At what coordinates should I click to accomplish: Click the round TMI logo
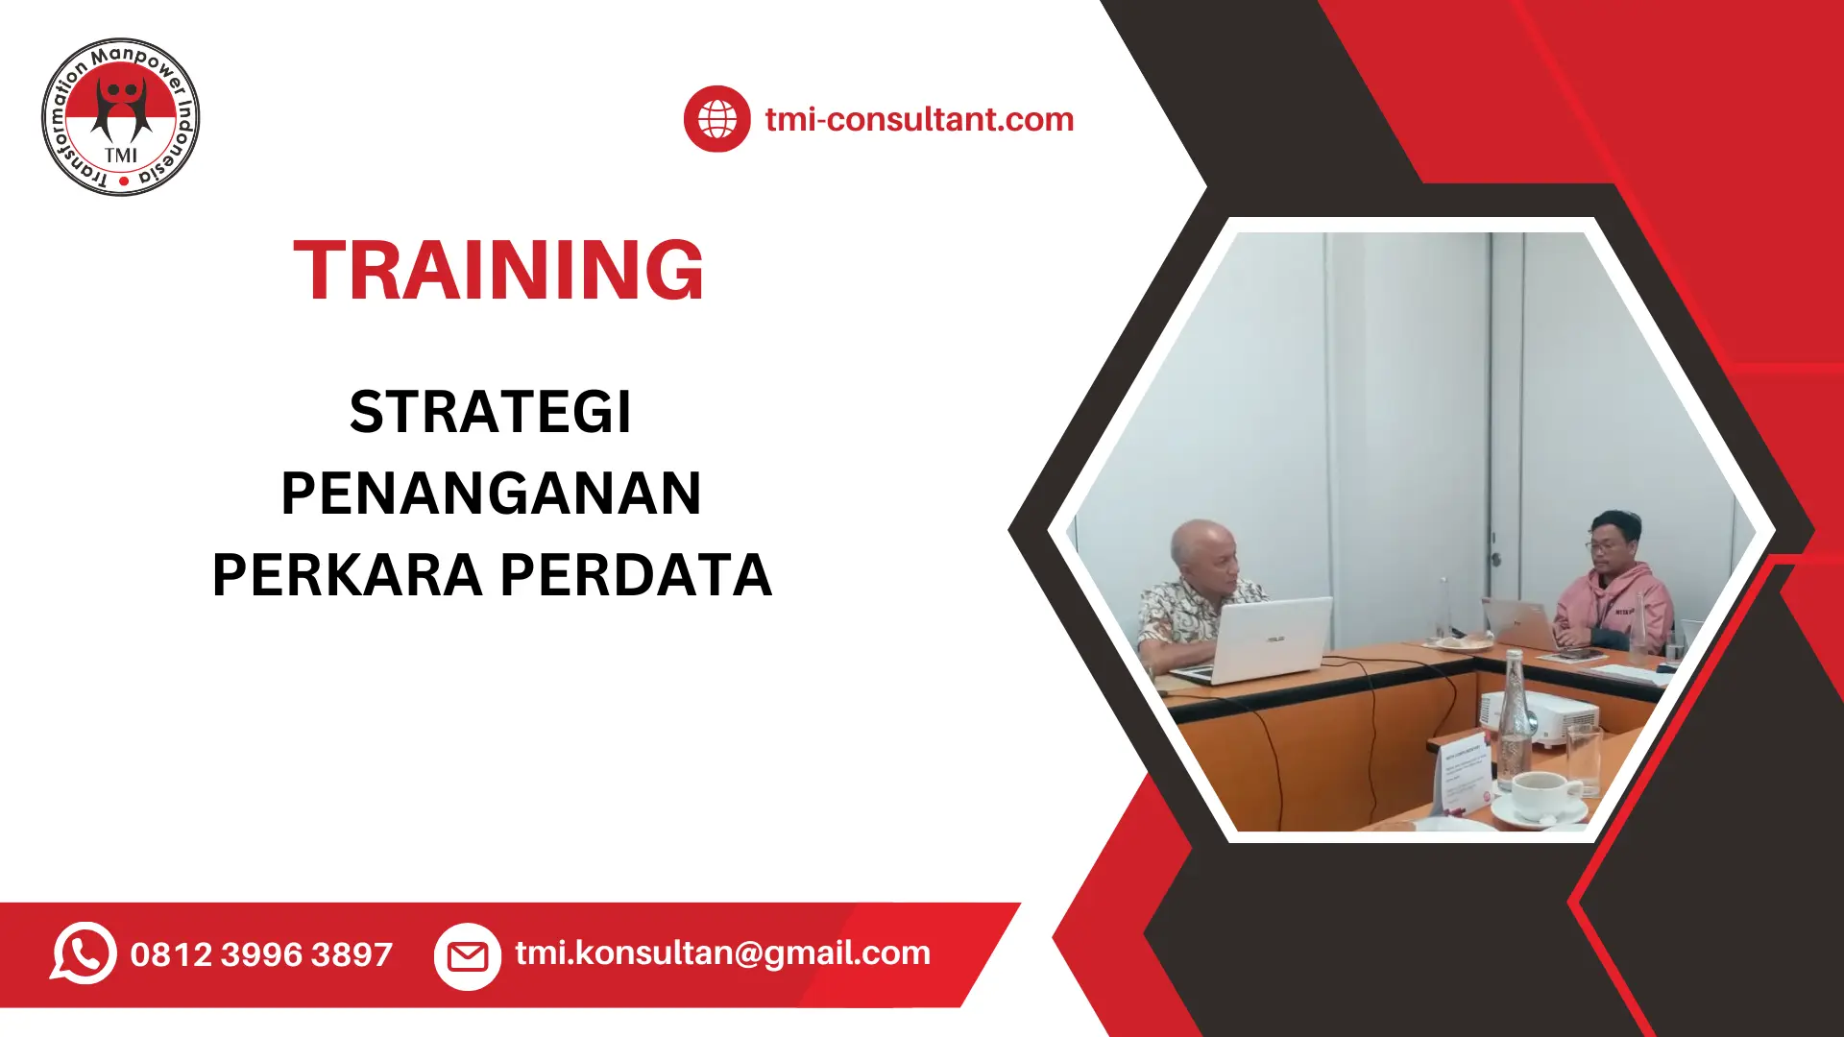121,117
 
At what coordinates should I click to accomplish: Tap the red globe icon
716,119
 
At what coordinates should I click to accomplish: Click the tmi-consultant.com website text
919,119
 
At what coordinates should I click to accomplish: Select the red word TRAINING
498,271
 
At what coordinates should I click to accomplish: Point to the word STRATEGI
490,412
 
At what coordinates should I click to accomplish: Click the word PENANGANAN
491,494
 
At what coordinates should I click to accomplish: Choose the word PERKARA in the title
347,575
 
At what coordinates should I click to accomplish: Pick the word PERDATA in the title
636,575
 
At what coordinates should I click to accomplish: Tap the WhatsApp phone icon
84,953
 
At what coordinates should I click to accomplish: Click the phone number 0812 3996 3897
261,954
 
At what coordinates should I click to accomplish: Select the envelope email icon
468,955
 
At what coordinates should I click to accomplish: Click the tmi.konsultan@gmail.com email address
722,953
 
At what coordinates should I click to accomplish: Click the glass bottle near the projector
1514,715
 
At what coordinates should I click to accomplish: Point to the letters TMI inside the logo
121,155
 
